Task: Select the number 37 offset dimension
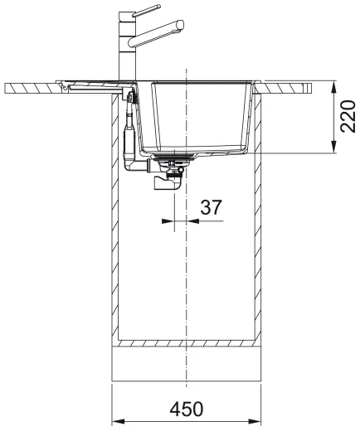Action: point(211,208)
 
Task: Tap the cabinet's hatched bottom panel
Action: point(187,343)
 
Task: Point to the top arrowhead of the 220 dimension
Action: point(332,85)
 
